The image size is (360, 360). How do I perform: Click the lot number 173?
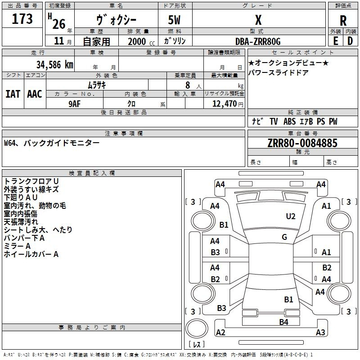(22, 19)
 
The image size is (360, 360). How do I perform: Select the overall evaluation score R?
(343, 21)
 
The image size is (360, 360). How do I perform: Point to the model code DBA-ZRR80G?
(258, 41)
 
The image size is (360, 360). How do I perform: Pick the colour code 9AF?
(74, 103)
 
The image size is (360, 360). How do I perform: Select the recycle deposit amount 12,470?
(223, 104)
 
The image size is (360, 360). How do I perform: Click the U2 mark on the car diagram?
(291, 216)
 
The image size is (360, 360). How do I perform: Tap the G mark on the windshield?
(284, 237)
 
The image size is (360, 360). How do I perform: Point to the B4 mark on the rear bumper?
(283, 322)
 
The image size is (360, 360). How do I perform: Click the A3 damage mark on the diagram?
(320, 333)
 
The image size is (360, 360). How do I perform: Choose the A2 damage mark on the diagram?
(220, 333)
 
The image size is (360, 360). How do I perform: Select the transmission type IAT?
(13, 94)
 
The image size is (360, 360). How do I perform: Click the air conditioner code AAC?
(34, 94)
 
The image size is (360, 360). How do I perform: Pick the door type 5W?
(175, 21)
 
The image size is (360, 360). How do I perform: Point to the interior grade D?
(350, 41)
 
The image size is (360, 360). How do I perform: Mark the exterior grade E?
(335, 41)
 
